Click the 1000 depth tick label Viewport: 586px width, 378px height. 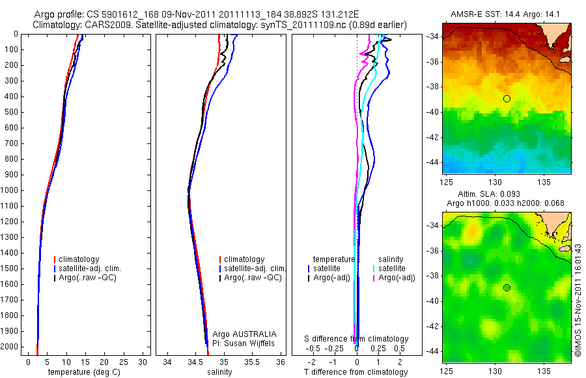tap(10, 190)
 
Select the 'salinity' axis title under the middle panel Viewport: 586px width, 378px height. tap(220, 372)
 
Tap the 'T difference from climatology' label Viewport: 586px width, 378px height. tap(356, 372)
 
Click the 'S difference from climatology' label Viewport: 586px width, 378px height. tap(357, 339)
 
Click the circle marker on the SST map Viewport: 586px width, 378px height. tap(507, 98)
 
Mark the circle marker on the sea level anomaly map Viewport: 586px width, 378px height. tap(507, 287)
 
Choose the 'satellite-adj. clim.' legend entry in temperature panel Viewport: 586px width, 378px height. tap(91, 269)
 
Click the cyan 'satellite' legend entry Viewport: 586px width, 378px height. tap(392, 269)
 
